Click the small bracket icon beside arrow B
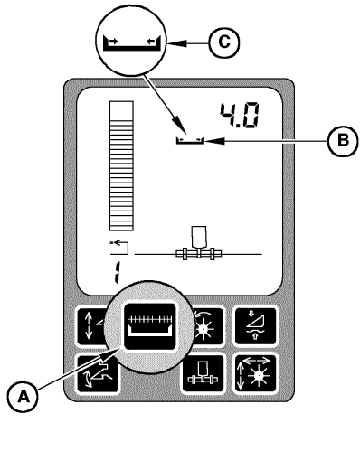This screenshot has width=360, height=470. coord(190,140)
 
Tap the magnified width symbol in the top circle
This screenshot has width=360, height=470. coord(132,42)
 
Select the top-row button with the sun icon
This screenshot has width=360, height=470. coord(204,325)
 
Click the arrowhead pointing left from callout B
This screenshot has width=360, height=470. coord(214,140)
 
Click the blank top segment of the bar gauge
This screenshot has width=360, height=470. coord(118,111)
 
